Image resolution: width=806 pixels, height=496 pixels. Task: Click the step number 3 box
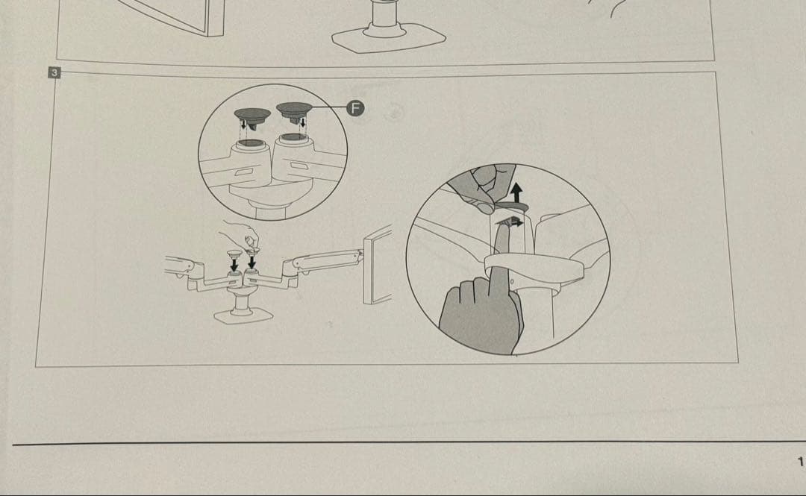pos(54,72)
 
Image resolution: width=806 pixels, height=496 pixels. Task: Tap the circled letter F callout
pos(354,108)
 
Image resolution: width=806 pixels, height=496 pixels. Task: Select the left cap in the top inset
pos(252,116)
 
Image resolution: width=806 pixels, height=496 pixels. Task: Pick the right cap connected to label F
pos(295,110)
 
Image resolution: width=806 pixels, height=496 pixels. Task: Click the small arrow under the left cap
pos(243,123)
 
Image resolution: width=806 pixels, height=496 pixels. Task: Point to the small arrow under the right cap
pos(303,123)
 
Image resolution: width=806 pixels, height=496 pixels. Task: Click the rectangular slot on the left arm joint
pos(243,172)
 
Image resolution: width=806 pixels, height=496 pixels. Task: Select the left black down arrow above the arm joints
pos(234,264)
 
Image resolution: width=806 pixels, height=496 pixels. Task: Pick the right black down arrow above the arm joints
pos(252,262)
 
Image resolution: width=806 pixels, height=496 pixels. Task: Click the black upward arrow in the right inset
pos(516,193)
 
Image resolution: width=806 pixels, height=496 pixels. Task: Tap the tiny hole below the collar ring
pos(513,280)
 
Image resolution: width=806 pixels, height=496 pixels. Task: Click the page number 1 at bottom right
pos(800,462)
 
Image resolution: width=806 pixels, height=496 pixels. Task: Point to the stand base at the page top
pos(389,38)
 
